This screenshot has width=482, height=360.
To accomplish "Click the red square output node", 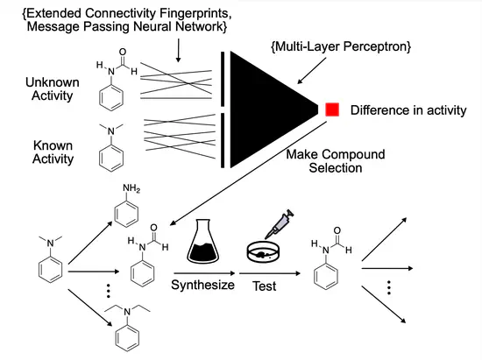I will coord(332,109).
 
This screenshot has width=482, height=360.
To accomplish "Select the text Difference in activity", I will coord(402,110).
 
